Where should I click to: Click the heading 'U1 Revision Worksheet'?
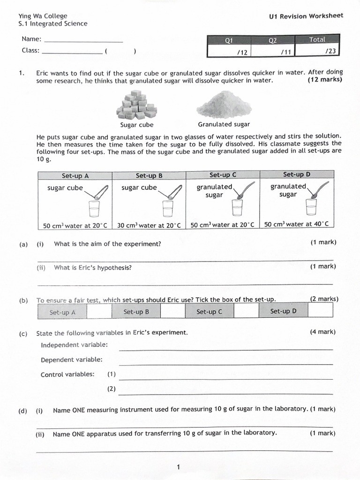pos(306,16)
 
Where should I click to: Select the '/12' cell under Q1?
pos(229,52)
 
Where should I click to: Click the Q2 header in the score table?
pos(272,41)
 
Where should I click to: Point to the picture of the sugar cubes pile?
pos(136,105)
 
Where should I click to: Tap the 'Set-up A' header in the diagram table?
pos(75,176)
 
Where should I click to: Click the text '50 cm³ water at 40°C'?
pos(296,224)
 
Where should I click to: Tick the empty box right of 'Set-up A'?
pos(99,311)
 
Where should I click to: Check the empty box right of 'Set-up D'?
pos(321,310)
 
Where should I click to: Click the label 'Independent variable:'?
pos(74,345)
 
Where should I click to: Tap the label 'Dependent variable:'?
pos(72,360)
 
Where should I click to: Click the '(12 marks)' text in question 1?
pos(325,80)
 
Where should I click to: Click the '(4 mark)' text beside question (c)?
pos(322,332)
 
